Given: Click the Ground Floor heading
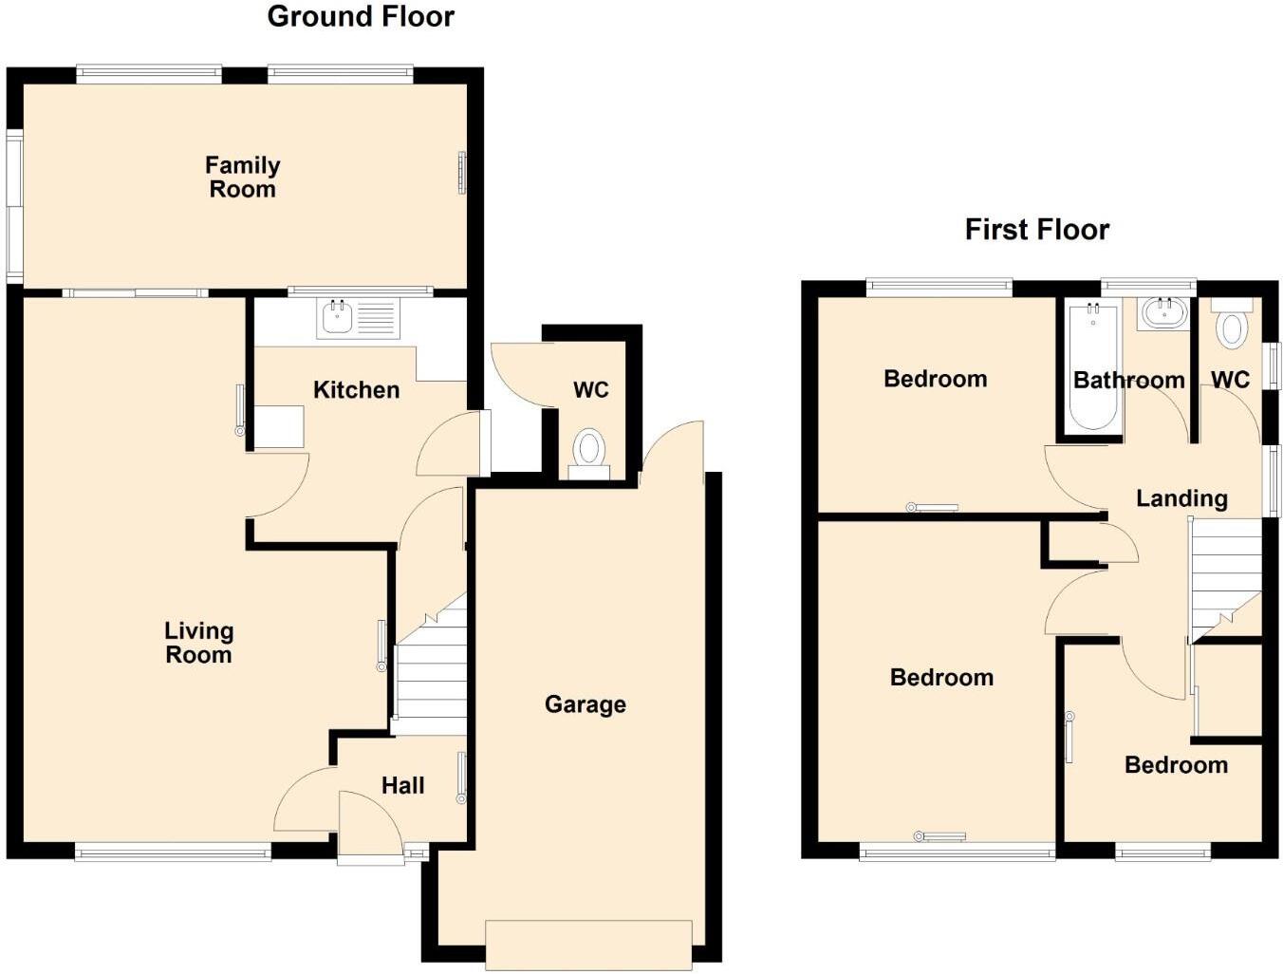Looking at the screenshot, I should coord(361,16).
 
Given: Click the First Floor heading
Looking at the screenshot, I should coord(1036,230).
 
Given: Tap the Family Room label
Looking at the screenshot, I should coord(242,178).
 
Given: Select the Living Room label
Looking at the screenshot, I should coord(198,643).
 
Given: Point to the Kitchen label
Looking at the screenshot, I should coord(356,390).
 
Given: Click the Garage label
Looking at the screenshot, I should coord(585,704).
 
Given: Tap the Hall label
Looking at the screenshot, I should coord(402,786).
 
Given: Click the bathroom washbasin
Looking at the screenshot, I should coord(1163,312).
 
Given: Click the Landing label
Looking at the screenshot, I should coord(1181,498).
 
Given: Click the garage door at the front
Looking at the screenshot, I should coord(588,944).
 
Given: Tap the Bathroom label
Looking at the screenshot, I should coord(1128,381).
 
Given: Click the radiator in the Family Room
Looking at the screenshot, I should coord(462,173).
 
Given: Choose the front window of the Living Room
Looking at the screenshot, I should coord(173,853).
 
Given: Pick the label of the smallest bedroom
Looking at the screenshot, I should coord(1176,765).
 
